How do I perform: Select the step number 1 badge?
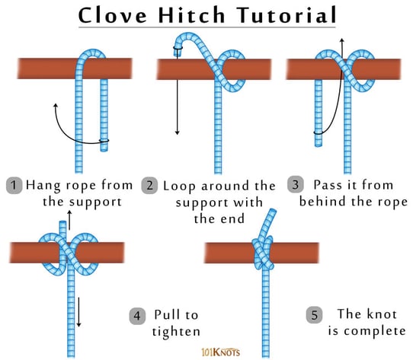tap(14, 185)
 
